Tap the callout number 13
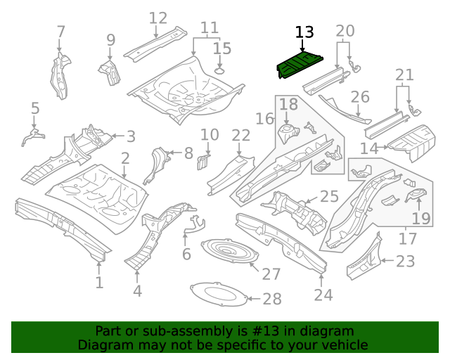click(304, 32)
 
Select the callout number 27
click(271, 274)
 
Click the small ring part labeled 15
click(219, 70)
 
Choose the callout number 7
click(61, 32)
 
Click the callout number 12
click(158, 18)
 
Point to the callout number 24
click(323, 295)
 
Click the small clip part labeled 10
click(202, 161)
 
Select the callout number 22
click(240, 135)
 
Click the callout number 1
click(99, 283)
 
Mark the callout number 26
click(360, 96)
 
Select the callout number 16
click(264, 118)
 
